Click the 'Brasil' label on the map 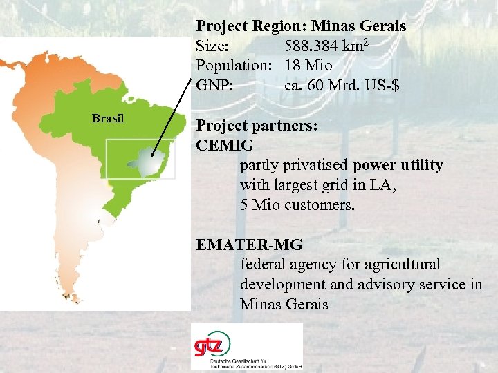coord(108,118)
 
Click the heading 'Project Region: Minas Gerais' coord(301,26)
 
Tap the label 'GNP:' coord(214,86)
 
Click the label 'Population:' coord(235,66)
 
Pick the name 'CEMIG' coord(225,146)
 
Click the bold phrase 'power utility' coord(398,166)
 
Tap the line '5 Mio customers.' coord(297,205)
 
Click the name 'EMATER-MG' coord(249,245)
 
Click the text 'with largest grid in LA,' coord(318,185)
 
